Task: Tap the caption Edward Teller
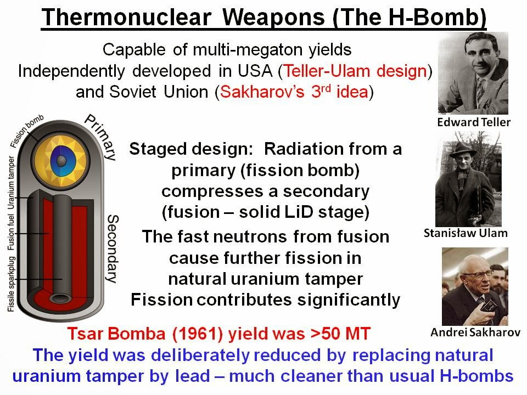point(473,122)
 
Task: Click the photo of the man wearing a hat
point(471,181)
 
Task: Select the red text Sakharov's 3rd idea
point(294,92)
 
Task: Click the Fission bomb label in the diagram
point(27,132)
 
